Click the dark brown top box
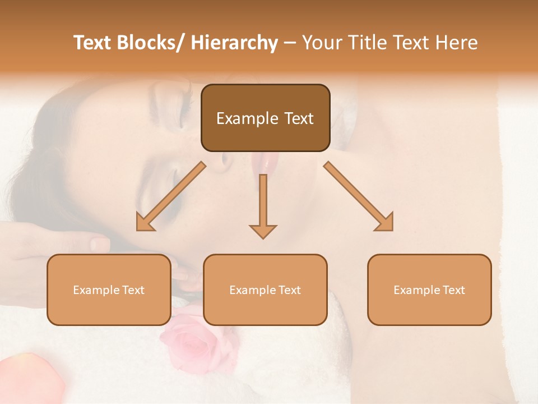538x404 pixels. click(x=265, y=118)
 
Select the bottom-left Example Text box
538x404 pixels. click(x=109, y=290)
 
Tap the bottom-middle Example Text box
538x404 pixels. click(x=265, y=290)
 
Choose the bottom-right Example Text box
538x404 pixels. click(x=429, y=290)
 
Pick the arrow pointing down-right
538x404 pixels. click(x=359, y=196)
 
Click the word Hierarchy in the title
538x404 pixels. click(x=234, y=43)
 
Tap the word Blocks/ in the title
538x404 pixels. click(x=147, y=43)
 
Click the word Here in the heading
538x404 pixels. click(x=456, y=43)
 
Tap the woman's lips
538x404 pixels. click(x=265, y=163)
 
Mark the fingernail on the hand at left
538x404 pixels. click(x=100, y=244)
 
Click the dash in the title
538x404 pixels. click(x=290, y=43)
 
